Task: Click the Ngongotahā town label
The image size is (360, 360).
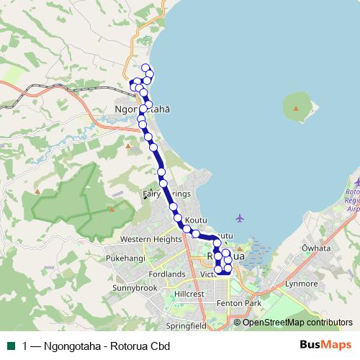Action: (143, 110)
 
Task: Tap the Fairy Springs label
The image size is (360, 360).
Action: (166, 194)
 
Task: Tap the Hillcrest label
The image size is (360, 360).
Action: (189, 294)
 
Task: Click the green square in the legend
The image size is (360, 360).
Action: (10, 345)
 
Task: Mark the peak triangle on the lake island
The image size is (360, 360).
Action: (296, 108)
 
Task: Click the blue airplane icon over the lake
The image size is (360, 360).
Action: (240, 218)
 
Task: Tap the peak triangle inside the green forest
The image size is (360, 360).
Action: (111, 210)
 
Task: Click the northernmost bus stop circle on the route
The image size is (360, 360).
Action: (146, 68)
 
